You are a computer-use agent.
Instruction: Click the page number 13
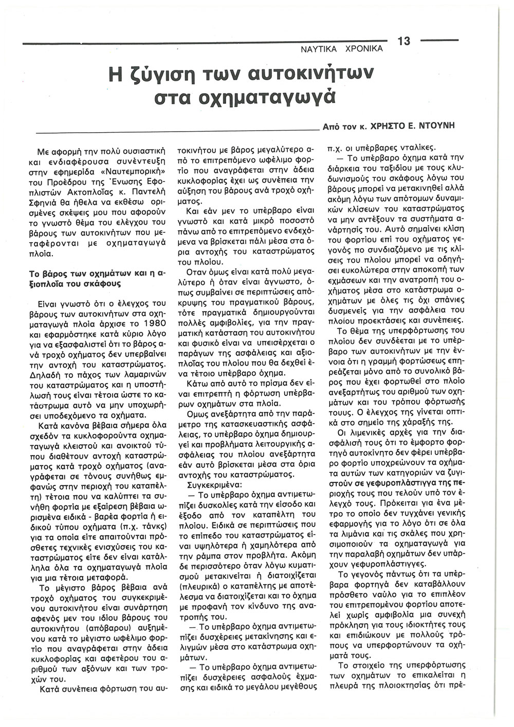point(403,41)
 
